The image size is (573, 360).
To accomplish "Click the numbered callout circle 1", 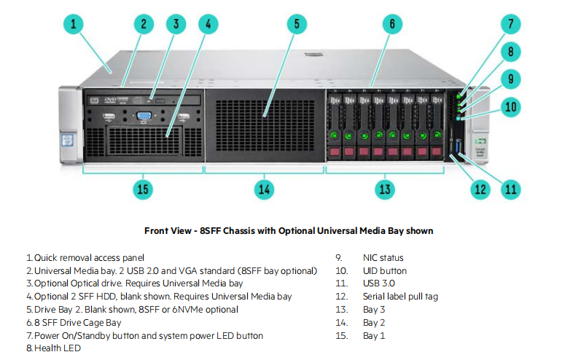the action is (73, 24).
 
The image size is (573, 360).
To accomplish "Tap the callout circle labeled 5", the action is (297, 24).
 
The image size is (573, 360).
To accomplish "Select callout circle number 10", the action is (510, 107).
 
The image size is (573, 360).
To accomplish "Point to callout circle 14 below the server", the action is (264, 189).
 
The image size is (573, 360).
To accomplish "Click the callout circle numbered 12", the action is (480, 189).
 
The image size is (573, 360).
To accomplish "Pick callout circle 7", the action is (510, 24).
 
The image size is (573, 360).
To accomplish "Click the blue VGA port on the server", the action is (144, 116).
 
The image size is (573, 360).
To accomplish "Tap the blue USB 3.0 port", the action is (459, 147).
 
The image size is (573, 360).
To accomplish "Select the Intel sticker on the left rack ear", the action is (67, 140).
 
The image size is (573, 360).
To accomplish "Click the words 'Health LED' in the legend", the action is (58, 348).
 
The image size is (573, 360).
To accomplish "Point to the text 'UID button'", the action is (384, 271).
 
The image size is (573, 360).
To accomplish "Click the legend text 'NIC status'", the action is (383, 258).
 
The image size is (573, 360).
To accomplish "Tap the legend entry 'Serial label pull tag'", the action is (400, 297).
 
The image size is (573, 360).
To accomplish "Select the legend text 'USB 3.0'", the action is (378, 283).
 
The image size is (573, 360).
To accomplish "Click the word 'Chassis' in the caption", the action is (238, 231).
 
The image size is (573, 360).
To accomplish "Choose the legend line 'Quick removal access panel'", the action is (89, 258).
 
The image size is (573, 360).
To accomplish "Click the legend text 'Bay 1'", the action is (374, 336).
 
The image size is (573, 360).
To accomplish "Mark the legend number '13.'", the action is (342, 310).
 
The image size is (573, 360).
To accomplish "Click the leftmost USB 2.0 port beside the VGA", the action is (109, 117).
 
